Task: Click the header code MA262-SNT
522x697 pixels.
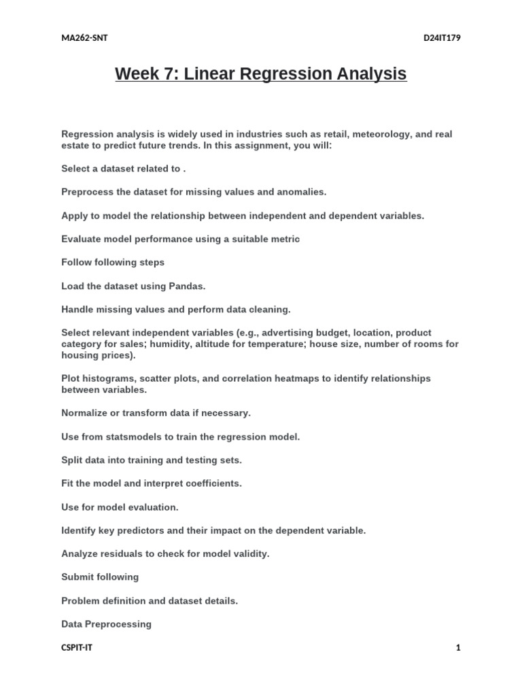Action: (x=84, y=38)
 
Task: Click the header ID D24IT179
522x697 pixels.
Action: (x=442, y=38)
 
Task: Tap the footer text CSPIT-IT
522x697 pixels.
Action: (x=77, y=648)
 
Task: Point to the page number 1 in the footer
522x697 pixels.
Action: (x=458, y=648)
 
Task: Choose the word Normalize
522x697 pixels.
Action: (x=84, y=412)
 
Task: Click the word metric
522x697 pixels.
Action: (x=285, y=239)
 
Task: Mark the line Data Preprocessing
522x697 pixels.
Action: (x=106, y=624)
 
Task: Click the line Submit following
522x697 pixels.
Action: (x=100, y=577)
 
